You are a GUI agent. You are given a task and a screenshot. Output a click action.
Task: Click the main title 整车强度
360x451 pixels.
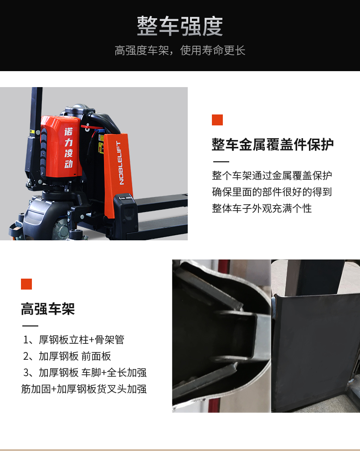(180, 26)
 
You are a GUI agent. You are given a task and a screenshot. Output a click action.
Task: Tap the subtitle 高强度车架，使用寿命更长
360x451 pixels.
(180, 51)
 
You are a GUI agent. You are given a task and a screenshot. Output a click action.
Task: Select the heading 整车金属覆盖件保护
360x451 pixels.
(273, 145)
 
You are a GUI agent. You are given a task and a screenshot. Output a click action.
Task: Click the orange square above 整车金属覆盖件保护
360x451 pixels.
(217, 120)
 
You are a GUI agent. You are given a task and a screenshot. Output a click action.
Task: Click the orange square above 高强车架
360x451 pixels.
(26, 284)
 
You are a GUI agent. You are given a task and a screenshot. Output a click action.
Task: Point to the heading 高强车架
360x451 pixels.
(48, 309)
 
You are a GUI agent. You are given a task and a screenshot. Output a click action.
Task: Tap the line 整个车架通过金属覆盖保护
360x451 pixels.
(272, 176)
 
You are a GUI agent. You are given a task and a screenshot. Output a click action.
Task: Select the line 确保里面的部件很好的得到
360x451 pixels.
(272, 192)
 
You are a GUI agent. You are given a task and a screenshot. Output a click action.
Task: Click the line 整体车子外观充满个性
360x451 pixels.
(262, 208)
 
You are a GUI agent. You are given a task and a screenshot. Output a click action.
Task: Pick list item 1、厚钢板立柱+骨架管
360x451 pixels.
(74, 340)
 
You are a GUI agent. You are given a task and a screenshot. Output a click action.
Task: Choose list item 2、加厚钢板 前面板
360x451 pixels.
(67, 356)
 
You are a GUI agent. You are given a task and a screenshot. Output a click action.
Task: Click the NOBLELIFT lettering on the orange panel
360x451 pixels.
(120, 162)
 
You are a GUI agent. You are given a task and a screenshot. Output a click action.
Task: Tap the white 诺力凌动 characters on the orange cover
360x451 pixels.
(68, 148)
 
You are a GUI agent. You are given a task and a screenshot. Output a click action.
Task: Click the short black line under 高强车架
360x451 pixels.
(30, 326)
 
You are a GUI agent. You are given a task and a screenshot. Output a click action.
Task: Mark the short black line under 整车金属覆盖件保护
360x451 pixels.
(221, 161)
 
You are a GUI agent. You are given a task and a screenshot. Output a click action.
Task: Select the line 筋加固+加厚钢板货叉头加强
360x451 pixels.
(84, 389)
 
